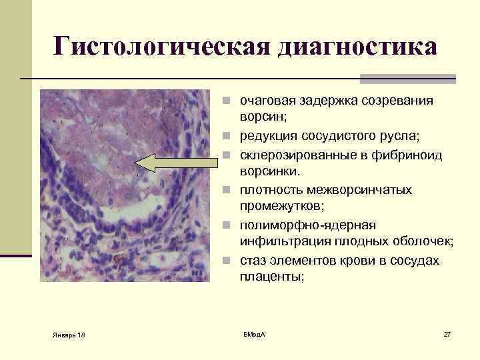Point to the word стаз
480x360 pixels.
[x=253, y=260]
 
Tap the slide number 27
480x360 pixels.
[x=447, y=333]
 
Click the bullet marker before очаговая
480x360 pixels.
[x=227, y=102]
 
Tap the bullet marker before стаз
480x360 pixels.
[x=227, y=261]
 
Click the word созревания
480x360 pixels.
[x=393, y=101]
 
